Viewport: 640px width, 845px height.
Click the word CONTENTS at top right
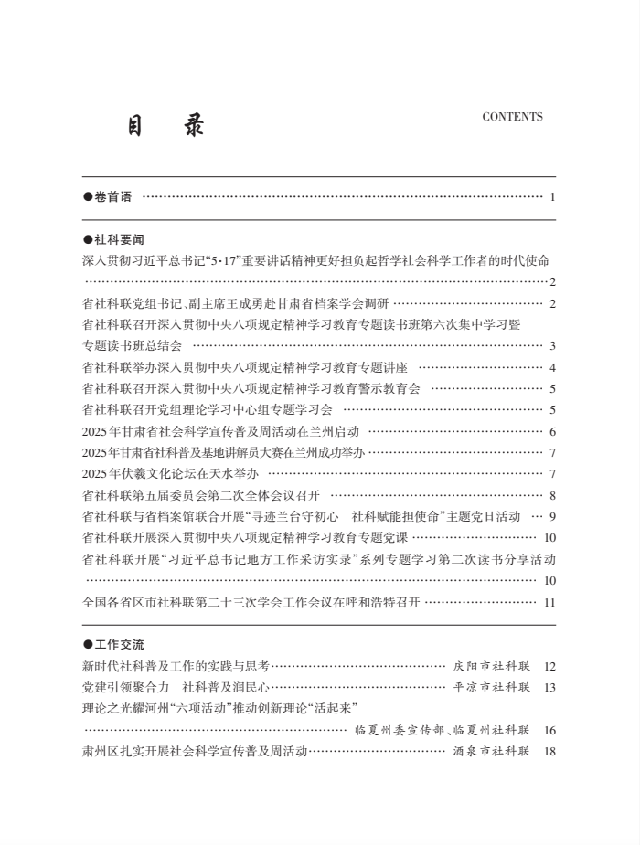tap(512, 117)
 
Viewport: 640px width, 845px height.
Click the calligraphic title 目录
tap(166, 126)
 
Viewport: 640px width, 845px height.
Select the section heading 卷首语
tap(108, 196)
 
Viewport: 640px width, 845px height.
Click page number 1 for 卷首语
tap(553, 196)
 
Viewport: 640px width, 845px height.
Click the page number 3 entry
tap(553, 345)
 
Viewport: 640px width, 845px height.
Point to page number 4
tap(553, 367)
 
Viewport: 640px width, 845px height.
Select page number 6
tap(553, 431)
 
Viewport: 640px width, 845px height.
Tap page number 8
tap(553, 495)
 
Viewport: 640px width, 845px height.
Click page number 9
tap(553, 516)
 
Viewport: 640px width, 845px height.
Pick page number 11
tap(549, 602)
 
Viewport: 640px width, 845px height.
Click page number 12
tap(549, 666)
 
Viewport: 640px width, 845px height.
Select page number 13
tap(549, 687)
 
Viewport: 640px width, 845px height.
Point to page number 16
tap(549, 730)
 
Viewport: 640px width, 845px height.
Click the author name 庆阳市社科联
tap(492, 666)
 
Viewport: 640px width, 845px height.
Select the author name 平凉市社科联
tap(492, 687)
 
